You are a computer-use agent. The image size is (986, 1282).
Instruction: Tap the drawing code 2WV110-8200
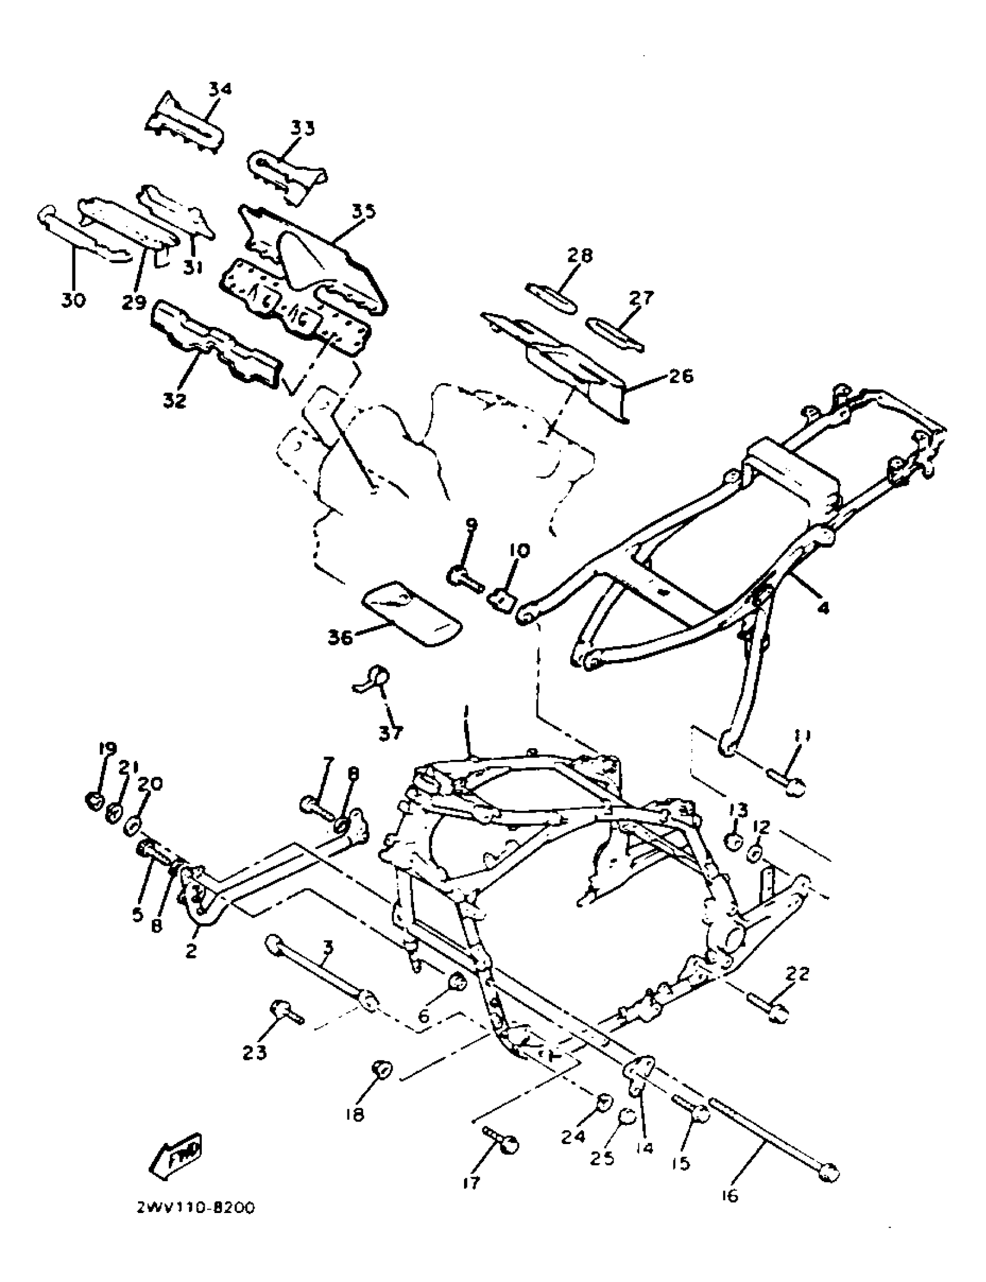[x=195, y=1209]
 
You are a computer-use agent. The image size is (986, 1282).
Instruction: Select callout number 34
[x=220, y=89]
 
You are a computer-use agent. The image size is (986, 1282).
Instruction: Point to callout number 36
[x=340, y=638]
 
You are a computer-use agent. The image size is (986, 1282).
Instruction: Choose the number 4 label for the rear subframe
[x=824, y=608]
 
